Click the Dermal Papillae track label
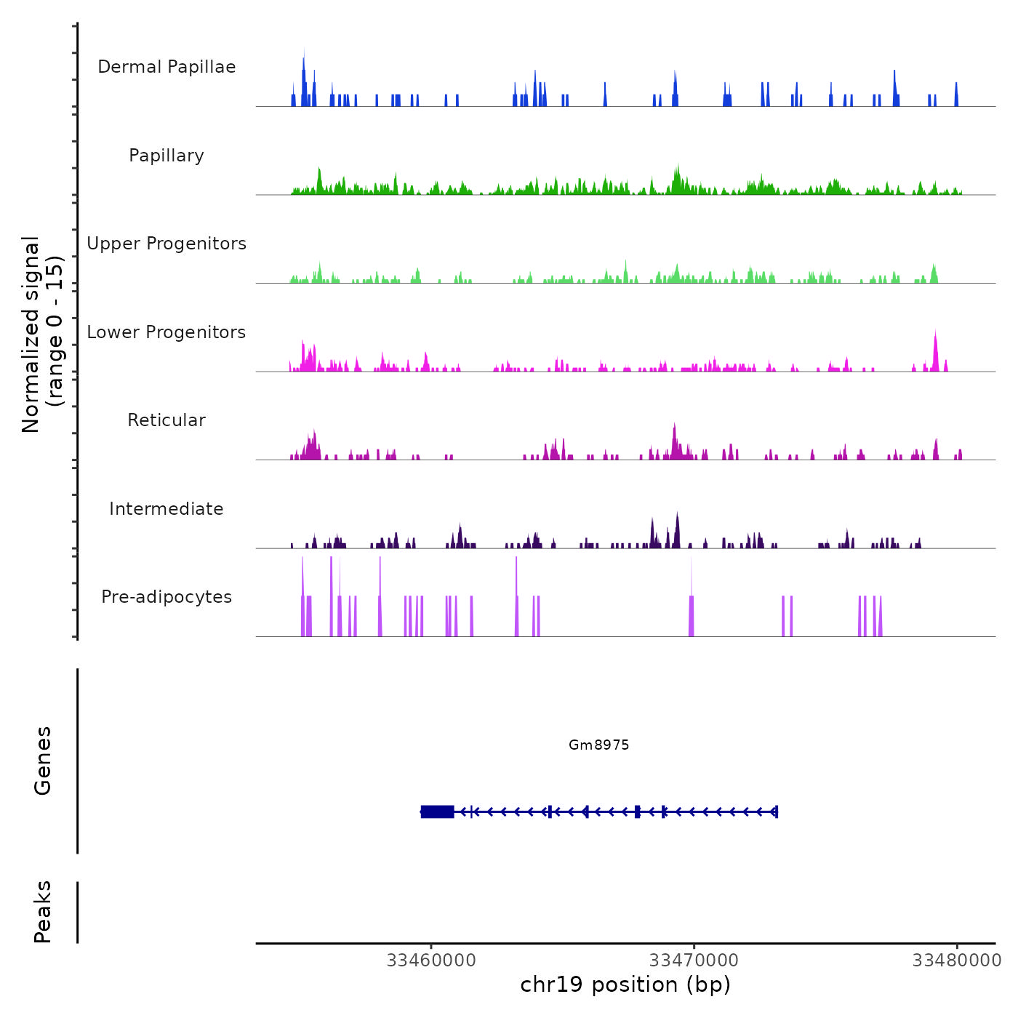167,67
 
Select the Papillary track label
167,156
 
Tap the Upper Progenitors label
167,244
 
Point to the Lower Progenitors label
167,332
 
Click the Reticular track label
167,420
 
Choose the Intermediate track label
167,509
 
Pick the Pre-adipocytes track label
167,597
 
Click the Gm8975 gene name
598,745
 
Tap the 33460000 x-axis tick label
431,961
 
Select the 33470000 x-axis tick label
694,961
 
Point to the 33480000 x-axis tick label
957,961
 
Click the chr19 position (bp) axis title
625,985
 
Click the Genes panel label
43,761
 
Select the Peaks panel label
43,912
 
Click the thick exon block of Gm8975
438,811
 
